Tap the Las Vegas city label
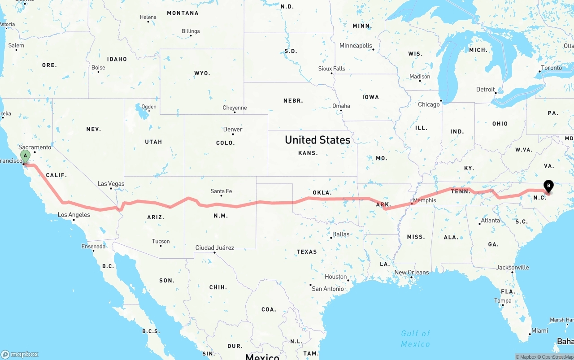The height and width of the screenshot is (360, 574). click(x=111, y=184)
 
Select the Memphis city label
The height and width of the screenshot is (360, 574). click(x=424, y=200)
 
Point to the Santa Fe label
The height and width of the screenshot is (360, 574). click(x=221, y=191)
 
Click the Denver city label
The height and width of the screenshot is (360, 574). click(x=233, y=130)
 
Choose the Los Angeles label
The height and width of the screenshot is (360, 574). click(x=74, y=215)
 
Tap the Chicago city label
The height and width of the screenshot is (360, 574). click(x=429, y=104)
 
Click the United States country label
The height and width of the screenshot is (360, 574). click(x=317, y=140)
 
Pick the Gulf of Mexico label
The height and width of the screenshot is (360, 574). click(x=415, y=338)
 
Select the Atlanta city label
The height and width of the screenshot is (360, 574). click(x=490, y=221)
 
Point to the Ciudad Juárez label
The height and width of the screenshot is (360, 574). click(x=214, y=248)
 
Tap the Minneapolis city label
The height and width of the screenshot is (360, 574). click(x=356, y=46)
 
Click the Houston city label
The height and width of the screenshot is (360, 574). click(x=336, y=277)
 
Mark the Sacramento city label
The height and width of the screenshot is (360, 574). click(x=35, y=147)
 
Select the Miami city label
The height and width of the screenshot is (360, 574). click(x=539, y=331)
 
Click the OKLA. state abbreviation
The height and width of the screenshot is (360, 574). click(x=322, y=193)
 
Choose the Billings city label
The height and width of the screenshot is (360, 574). click(x=191, y=31)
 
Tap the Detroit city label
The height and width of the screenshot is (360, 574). click(x=485, y=90)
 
